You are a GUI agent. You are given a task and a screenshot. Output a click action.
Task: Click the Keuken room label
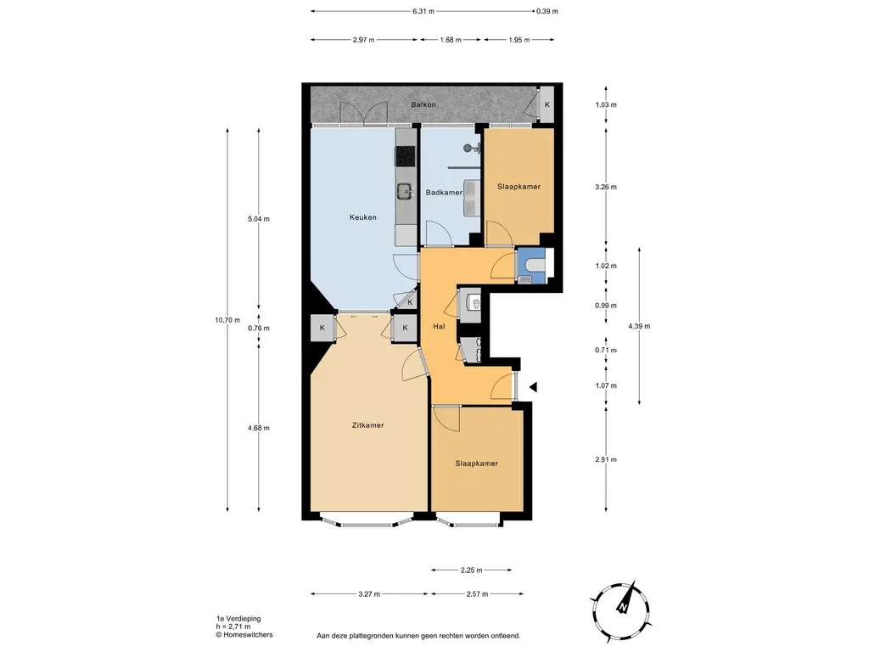[363, 217]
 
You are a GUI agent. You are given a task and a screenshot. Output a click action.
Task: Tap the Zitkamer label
[368, 425]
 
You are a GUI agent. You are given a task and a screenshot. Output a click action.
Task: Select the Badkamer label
[444, 193]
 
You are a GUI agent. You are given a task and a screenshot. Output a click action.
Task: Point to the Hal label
[439, 327]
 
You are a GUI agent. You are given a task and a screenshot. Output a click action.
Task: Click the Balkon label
[423, 104]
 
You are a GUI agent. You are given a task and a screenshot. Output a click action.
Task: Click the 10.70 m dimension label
[227, 320]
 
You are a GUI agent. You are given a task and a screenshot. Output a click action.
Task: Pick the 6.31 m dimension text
[423, 11]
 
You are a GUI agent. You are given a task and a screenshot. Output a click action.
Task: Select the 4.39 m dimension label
[639, 326]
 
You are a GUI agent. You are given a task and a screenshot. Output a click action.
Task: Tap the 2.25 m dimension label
[471, 570]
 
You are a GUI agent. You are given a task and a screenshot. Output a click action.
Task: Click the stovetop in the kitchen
[405, 156]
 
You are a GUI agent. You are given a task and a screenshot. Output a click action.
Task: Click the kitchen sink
[405, 192]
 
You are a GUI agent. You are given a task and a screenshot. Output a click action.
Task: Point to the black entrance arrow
[533, 387]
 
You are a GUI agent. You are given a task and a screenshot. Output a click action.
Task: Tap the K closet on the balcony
[547, 104]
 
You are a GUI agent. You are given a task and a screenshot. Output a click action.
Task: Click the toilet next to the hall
[474, 303]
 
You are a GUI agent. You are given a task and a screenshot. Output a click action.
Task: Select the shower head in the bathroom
[469, 148]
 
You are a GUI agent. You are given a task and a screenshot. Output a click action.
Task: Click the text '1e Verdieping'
[238, 619]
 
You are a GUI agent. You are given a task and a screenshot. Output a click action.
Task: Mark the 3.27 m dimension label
[369, 594]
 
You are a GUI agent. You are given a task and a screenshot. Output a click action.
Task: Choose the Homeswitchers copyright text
[244, 635]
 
